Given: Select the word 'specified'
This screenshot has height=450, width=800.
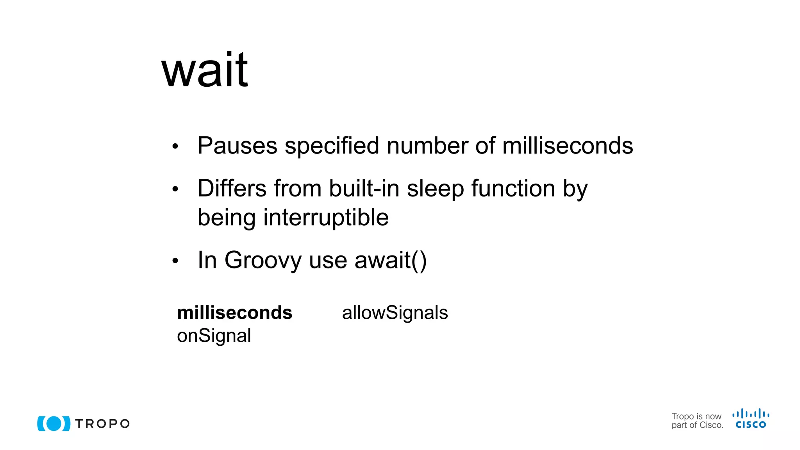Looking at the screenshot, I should pos(332,146).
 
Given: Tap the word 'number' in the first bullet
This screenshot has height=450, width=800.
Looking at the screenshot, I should pos(427,146).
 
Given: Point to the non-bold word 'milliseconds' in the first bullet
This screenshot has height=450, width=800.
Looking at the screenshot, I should pos(568,146).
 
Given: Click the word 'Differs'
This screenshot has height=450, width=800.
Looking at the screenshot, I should pos(232,188).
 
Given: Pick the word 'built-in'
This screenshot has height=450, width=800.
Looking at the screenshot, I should pos(364,188).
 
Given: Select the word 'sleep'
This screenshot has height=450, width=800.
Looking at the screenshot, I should pos(435,189).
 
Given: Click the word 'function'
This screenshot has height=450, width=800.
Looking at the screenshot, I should pos(513,188).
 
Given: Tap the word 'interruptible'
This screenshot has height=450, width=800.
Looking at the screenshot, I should pos(326,217).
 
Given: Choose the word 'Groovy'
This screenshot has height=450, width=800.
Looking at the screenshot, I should pos(263,260).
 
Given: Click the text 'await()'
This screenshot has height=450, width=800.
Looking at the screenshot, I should pos(390,260).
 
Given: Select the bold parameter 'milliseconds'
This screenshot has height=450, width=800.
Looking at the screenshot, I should pos(234,312).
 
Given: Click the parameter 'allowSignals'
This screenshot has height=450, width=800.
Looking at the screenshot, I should pos(395,312).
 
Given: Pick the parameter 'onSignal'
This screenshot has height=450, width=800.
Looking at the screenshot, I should pos(214,336).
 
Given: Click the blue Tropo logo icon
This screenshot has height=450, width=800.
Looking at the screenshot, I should pos(54,423).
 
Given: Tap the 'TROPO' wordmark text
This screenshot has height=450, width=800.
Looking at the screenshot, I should pos(102,424).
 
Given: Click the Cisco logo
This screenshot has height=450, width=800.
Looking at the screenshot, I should pos(750,419).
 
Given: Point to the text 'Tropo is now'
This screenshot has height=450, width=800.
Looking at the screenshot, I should pos(696,416).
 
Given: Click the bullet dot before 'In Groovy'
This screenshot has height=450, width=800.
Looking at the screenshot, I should pos(175,261).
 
